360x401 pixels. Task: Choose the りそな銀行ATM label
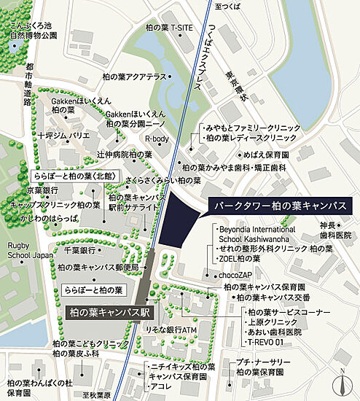pyautogui.click(x=172, y=330)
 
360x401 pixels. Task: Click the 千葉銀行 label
pyautogui.click(x=79, y=250)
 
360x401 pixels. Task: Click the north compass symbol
pyautogui.click(x=340, y=382)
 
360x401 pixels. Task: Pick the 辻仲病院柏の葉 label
pyautogui.click(x=124, y=155)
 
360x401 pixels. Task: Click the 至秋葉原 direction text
pyautogui.click(x=96, y=395)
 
